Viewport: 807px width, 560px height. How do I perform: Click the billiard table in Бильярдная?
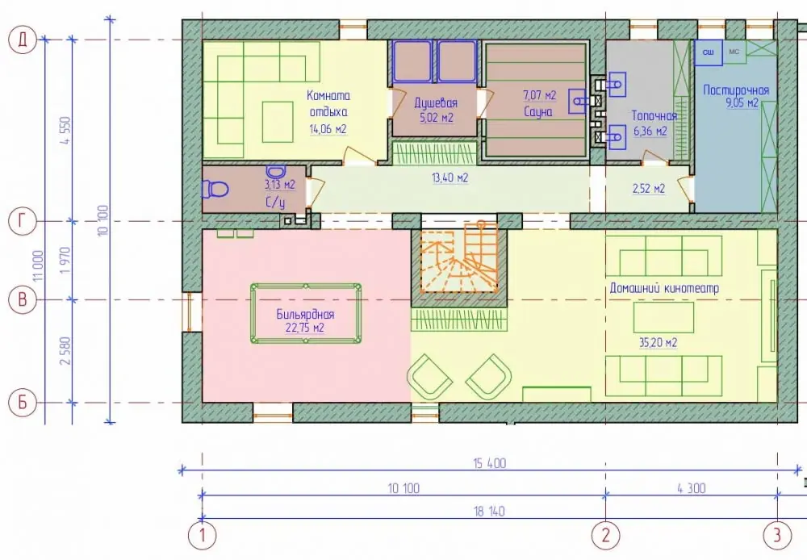click(x=306, y=313)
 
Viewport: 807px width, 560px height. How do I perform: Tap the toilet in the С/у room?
click(x=215, y=189)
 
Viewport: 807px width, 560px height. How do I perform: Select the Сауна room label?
click(x=538, y=111)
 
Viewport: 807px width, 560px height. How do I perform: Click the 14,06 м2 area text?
click(x=328, y=128)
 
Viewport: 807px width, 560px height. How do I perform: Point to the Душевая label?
click(x=436, y=103)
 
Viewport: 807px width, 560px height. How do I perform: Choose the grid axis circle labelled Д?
click(x=23, y=40)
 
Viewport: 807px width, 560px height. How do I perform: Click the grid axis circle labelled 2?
click(x=606, y=535)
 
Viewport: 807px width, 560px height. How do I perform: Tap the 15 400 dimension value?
click(x=490, y=463)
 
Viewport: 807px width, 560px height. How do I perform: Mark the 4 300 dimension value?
click(x=692, y=488)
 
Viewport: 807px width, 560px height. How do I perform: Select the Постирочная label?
click(x=736, y=90)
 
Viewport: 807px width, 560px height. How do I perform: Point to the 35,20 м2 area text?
click(x=658, y=342)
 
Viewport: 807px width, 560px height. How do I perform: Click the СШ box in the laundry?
click(x=709, y=52)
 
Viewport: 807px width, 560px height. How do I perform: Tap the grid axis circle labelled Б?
click(x=23, y=402)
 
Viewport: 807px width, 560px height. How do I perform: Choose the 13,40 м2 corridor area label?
click(x=449, y=178)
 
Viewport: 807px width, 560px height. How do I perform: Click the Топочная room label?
click(x=654, y=116)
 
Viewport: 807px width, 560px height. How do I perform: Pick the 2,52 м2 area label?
click(x=649, y=188)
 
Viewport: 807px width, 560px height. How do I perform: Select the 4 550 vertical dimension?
click(x=65, y=131)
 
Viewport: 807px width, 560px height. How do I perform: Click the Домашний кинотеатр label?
click(x=664, y=288)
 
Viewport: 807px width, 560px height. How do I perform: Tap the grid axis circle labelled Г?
click(x=23, y=221)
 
